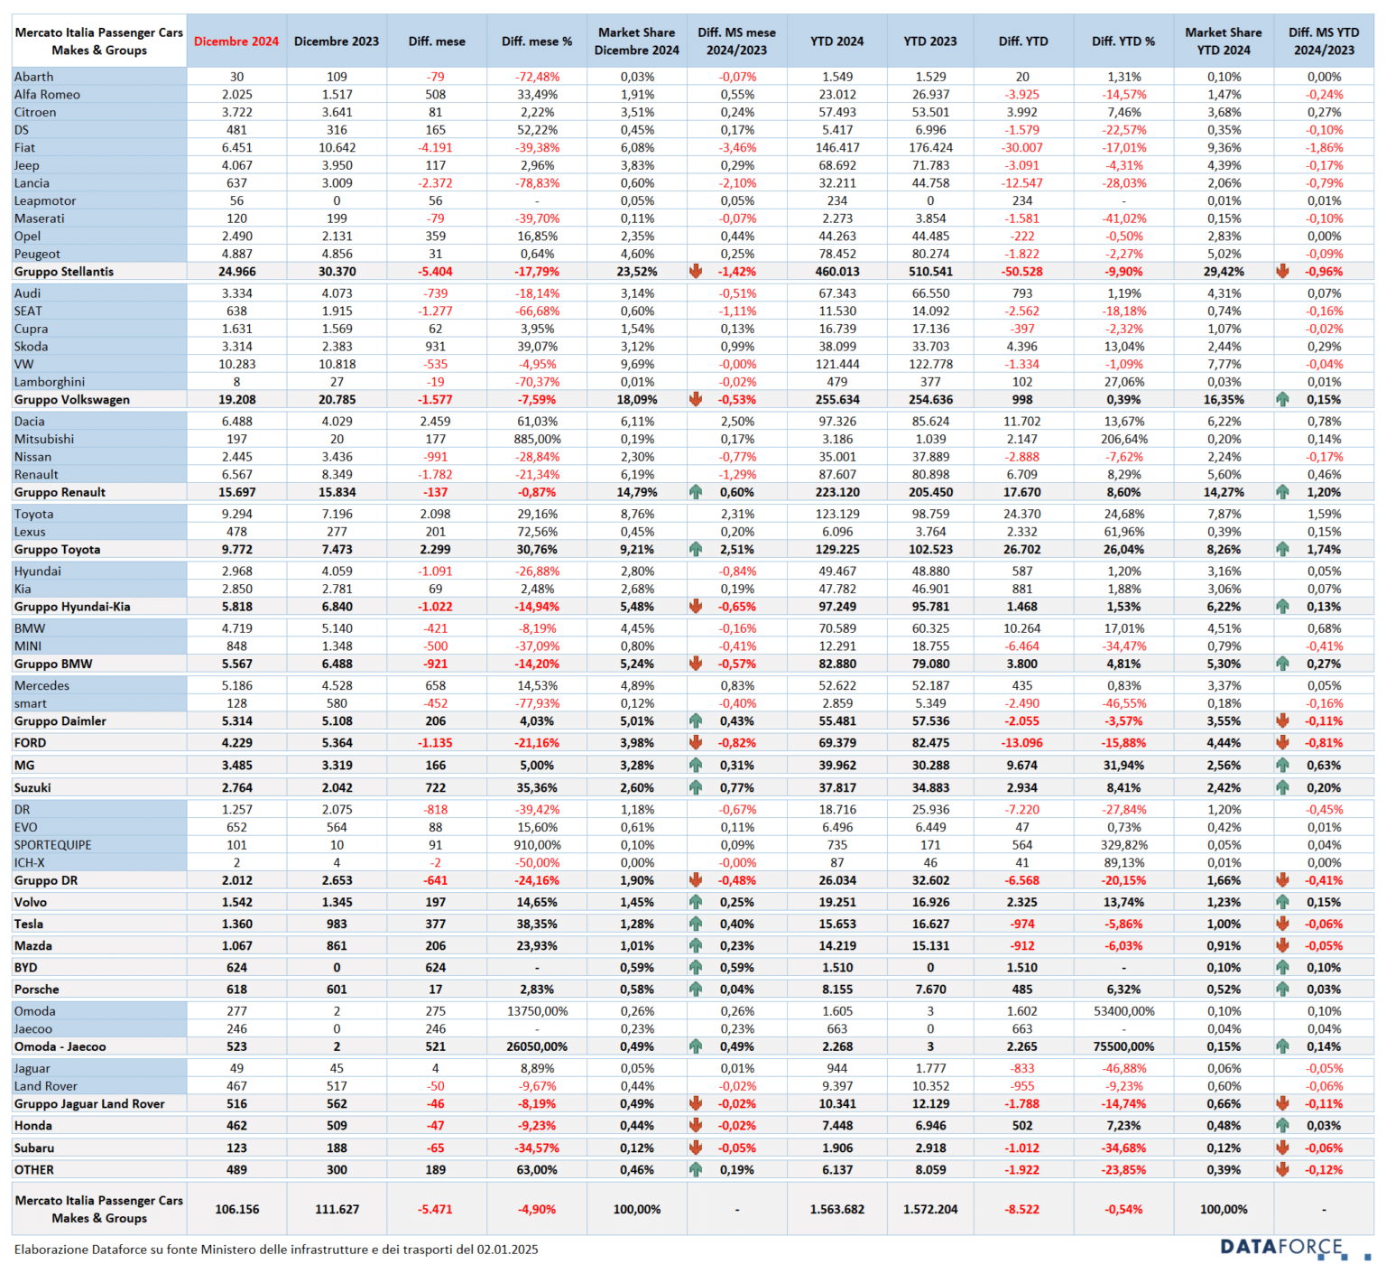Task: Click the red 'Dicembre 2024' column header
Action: point(236,42)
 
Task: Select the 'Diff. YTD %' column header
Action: point(1123,42)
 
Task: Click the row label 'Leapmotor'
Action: point(45,200)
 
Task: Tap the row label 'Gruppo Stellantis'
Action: point(64,272)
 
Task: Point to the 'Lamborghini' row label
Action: point(50,382)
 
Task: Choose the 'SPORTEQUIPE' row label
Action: point(53,845)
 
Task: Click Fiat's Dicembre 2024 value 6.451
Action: point(237,147)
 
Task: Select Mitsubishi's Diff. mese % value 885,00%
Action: point(537,439)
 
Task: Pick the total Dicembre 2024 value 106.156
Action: point(237,1209)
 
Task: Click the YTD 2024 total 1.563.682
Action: point(837,1209)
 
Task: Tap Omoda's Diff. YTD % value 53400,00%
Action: point(1123,1011)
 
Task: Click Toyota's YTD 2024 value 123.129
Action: point(837,514)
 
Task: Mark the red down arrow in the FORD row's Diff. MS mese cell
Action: point(696,742)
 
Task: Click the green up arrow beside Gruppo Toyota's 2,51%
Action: point(696,549)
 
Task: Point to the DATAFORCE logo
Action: point(1282,1247)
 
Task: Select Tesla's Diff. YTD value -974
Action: point(1022,924)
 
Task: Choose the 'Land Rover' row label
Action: point(46,1086)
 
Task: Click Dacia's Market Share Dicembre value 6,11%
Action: point(637,422)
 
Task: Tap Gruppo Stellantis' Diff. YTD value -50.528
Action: point(1022,272)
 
